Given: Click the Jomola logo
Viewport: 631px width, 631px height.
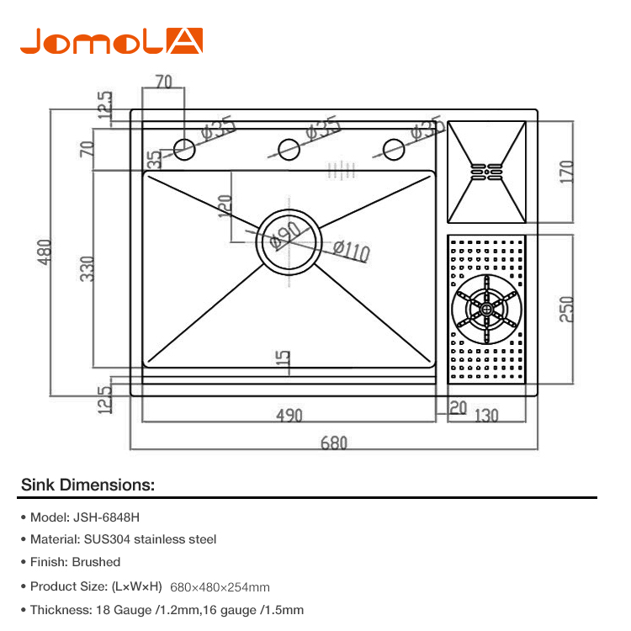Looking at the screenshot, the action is [x=111, y=41].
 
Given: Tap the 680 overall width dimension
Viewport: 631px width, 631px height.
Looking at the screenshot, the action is [x=334, y=443].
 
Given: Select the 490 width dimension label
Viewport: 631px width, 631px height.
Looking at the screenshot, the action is [x=289, y=416].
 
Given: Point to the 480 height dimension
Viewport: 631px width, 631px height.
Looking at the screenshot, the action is [x=45, y=252].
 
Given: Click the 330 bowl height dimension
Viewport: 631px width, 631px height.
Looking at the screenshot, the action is [x=87, y=269].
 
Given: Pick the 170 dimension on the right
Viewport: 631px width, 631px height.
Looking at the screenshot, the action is [x=566, y=172].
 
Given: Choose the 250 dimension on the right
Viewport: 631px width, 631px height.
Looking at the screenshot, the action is [x=566, y=309].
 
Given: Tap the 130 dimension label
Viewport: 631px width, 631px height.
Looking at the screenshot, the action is [x=486, y=416].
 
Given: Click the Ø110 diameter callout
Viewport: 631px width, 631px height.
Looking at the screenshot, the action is [x=352, y=251].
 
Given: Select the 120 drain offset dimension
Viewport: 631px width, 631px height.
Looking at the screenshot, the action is [x=225, y=206].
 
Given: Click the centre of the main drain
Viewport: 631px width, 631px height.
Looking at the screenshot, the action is [x=289, y=241].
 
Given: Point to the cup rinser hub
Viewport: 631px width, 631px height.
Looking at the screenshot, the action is [x=486, y=309].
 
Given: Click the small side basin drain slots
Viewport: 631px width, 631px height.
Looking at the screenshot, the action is [x=486, y=172].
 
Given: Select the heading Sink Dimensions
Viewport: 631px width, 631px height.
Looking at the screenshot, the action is [x=87, y=485].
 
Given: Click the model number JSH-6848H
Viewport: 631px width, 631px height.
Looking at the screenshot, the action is [x=106, y=517].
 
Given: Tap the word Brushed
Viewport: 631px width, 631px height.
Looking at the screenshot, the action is [x=96, y=562].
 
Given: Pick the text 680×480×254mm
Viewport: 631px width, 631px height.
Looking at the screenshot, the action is [x=220, y=587].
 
